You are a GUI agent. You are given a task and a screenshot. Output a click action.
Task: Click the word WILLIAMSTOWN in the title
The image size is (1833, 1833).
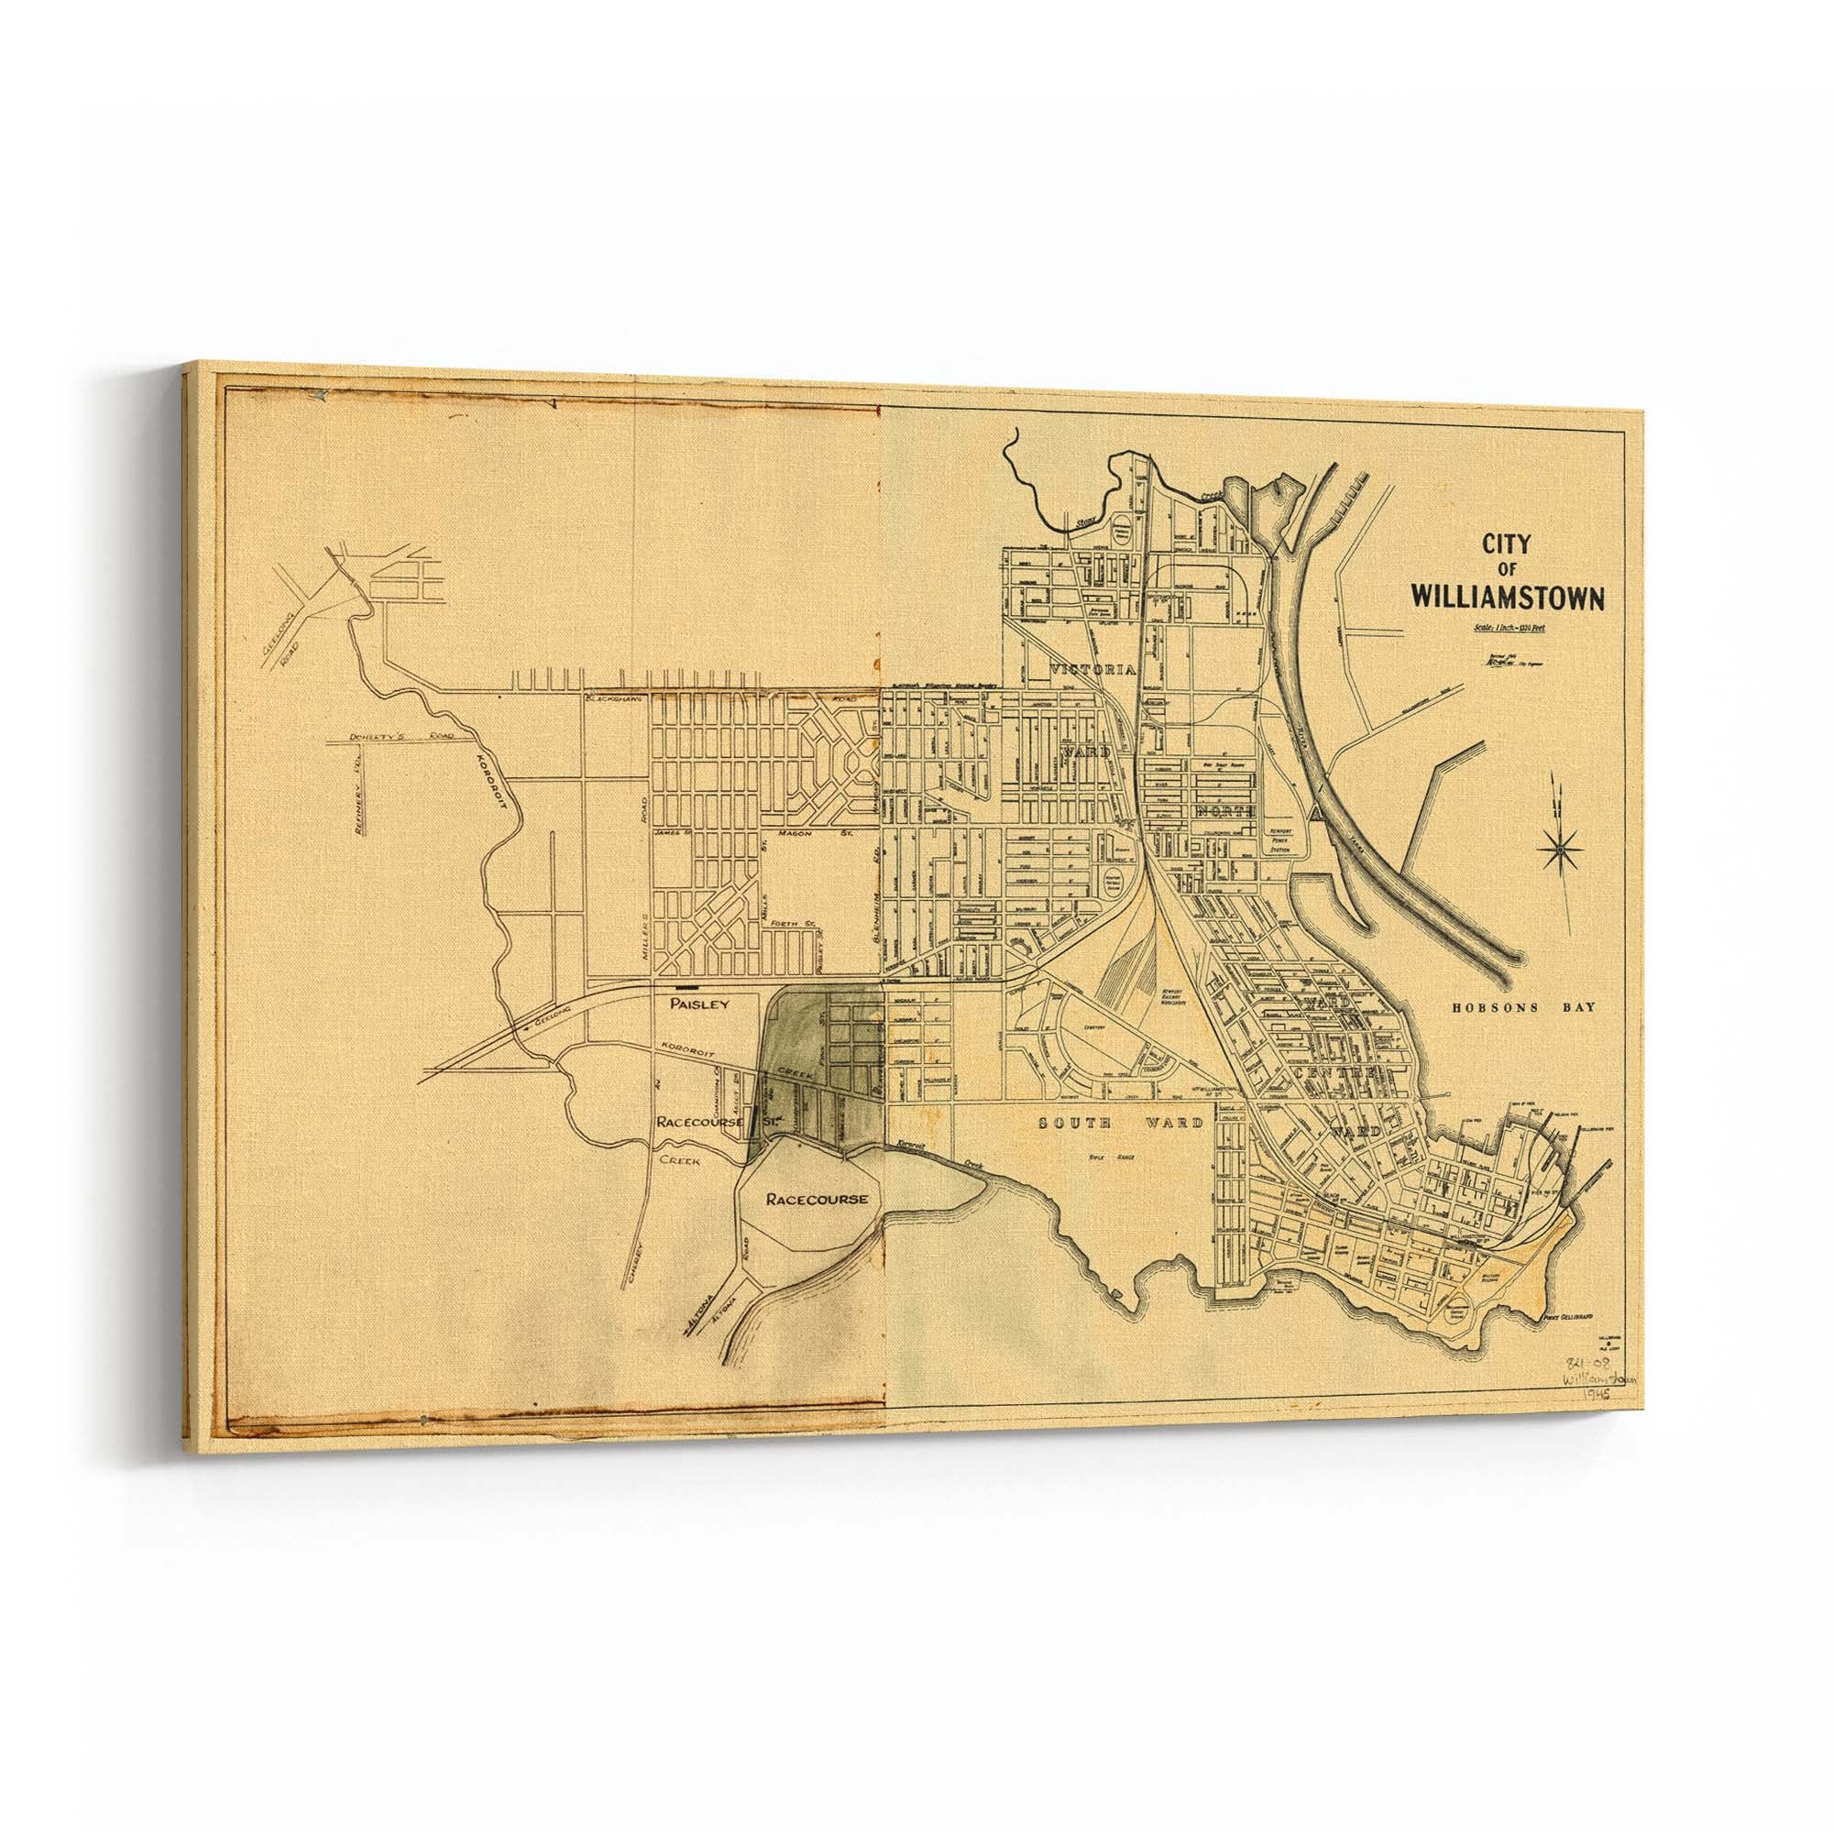[1508, 599]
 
